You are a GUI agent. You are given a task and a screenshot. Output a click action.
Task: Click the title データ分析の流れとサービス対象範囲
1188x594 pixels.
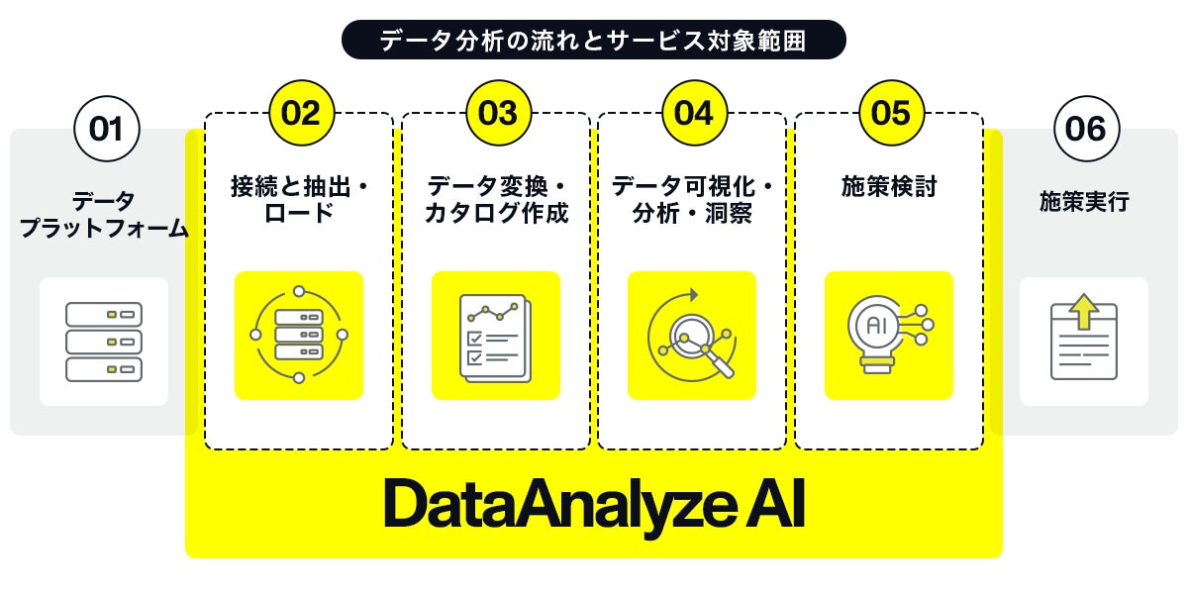[x=594, y=41]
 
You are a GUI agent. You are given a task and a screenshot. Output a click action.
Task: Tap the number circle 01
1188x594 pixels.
[x=107, y=129]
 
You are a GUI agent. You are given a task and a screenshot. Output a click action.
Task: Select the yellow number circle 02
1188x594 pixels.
[x=301, y=113]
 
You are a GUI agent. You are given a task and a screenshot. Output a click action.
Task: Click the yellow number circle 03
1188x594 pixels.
[x=497, y=113]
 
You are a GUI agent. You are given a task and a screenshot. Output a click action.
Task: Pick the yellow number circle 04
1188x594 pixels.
[x=693, y=113]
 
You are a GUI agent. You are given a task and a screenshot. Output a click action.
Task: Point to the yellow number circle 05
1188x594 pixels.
[x=890, y=113]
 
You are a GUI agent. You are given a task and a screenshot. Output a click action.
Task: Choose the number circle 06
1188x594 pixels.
[x=1085, y=129]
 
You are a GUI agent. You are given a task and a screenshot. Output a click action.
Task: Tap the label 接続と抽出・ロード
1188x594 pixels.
[x=299, y=199]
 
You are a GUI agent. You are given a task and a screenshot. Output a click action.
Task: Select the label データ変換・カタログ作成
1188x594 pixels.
[x=496, y=199]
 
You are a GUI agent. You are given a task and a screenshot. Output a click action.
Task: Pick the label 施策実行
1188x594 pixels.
[x=1084, y=202]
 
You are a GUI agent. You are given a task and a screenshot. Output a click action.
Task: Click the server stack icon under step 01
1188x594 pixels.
[x=104, y=342]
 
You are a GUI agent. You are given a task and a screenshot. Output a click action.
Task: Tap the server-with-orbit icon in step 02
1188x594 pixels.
[x=299, y=336]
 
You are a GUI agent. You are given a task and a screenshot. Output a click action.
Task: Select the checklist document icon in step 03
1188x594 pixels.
[x=496, y=336]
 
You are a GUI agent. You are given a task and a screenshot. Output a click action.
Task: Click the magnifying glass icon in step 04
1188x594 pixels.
[x=692, y=336]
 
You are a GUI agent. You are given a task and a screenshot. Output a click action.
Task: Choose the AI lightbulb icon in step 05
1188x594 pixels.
[x=888, y=336]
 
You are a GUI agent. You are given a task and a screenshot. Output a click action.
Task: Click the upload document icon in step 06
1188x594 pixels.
[x=1084, y=342]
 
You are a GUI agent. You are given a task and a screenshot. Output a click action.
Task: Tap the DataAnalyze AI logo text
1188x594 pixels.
[x=594, y=506]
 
